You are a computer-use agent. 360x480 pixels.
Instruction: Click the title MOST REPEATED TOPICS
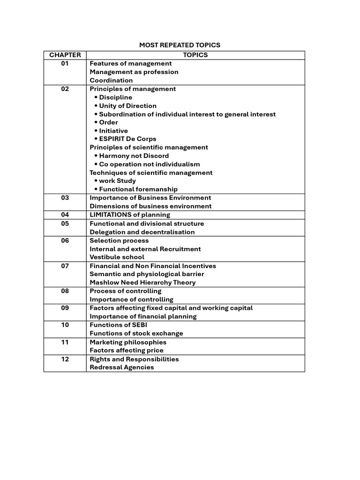click(x=180, y=45)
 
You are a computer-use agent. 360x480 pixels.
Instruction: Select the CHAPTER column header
click(x=65, y=55)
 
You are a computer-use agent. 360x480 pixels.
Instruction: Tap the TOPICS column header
click(x=195, y=55)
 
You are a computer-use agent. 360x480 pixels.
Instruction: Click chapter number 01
click(x=65, y=63)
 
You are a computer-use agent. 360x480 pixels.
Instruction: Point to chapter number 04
click(x=65, y=215)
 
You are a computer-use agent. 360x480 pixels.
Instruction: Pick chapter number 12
click(x=65, y=359)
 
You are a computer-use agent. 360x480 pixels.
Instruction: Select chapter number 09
click(x=65, y=308)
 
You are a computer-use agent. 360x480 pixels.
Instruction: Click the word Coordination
click(x=111, y=80)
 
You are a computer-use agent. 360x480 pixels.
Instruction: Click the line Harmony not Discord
click(x=134, y=156)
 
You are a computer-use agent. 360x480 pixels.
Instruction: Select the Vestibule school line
click(x=117, y=257)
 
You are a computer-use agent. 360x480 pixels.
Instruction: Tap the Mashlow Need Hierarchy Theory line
click(x=142, y=282)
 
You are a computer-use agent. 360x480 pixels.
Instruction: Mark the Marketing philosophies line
click(x=128, y=342)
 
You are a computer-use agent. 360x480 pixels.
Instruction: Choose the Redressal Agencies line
click(x=121, y=367)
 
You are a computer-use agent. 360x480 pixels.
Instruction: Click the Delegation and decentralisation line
click(x=142, y=232)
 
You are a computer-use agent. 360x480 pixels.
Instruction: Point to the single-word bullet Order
click(x=108, y=122)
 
